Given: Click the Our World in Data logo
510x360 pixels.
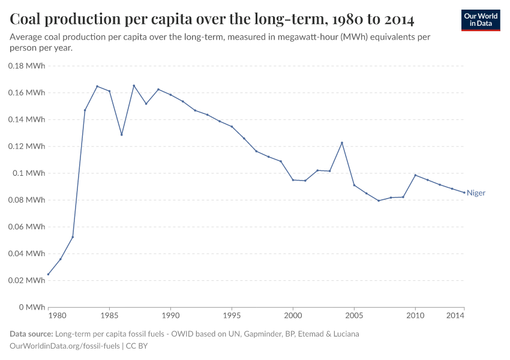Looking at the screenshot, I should coord(480,20).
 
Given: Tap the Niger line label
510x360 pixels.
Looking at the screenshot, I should coord(476,193).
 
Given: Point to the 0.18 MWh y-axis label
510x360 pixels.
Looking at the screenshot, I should coord(27,66).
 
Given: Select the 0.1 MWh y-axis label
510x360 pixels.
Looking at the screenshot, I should coord(29,173).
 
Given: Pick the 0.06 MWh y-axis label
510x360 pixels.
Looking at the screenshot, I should coord(27,227).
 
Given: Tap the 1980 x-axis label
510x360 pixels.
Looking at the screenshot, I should coord(56,315).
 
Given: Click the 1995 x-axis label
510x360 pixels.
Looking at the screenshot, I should coord(232,315).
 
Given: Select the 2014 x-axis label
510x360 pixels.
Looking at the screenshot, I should coord(456,315).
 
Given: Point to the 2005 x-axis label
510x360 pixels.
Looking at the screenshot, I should coord(354,315).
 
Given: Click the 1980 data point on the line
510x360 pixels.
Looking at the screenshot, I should coord(48,274).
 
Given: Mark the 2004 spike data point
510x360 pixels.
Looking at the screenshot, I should coord(342,143).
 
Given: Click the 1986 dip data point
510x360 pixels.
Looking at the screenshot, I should coord(122,134).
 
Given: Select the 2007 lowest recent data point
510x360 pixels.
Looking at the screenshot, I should coord(379,200).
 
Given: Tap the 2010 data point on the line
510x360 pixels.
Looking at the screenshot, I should coord(415,175).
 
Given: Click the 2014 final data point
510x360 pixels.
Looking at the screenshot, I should coord(464,193).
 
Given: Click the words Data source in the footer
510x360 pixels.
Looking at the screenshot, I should coord(31,334).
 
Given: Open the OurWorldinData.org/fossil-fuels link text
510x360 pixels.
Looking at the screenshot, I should coord(65,346).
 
